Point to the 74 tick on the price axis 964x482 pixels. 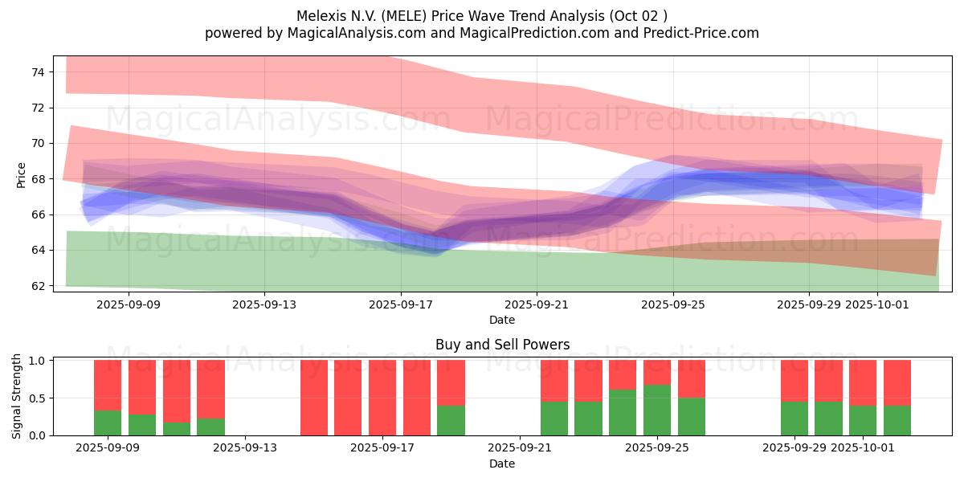[38, 72]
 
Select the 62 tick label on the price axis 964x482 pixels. [38, 286]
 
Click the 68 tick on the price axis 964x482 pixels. [38, 179]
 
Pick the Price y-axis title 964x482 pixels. [21, 175]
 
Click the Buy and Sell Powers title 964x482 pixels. [502, 345]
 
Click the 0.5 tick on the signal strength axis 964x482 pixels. [37, 398]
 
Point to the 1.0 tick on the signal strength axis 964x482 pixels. [37, 361]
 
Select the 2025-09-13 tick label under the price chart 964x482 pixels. [265, 304]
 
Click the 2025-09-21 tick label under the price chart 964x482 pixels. [537, 304]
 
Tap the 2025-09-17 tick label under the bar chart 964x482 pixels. [382, 447]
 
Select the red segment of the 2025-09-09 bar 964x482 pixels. [108, 385]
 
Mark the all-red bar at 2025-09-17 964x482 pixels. [382, 398]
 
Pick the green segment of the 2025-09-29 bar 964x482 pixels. [794, 418]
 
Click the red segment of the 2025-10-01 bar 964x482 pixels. [863, 382]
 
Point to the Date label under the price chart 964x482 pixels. [502, 320]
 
